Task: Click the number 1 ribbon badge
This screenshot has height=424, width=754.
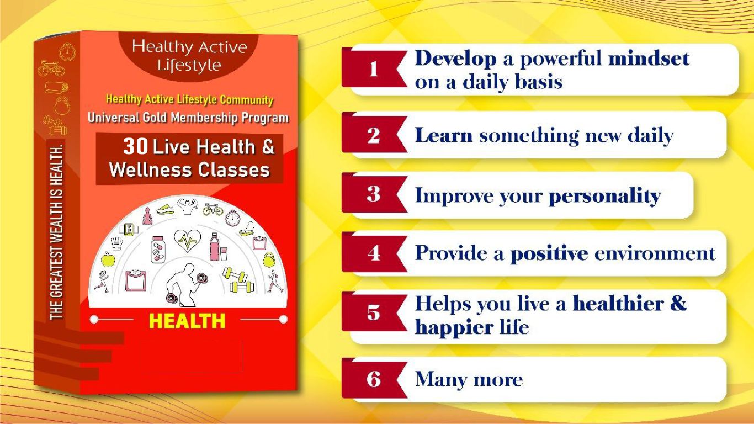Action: point(374,69)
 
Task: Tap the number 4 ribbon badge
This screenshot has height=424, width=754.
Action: point(374,253)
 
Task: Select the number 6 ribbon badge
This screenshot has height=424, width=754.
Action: point(374,379)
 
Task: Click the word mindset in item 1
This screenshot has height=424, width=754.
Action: point(649,59)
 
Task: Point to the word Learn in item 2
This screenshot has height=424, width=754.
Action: point(444,135)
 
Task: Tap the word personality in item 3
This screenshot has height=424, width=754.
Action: point(605,196)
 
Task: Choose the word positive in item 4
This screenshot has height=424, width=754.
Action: point(549,254)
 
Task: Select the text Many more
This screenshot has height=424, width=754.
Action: point(469,380)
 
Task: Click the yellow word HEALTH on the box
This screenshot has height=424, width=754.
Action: point(187,321)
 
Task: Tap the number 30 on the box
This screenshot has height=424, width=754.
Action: point(135,146)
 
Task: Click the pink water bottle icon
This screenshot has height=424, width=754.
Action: point(214,247)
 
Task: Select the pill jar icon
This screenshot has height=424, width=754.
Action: point(157,249)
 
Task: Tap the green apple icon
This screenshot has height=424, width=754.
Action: point(108,259)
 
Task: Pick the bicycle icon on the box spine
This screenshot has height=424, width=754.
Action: point(51,68)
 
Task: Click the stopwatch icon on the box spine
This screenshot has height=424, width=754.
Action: point(67,52)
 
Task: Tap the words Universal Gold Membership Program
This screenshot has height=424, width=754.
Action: point(188,118)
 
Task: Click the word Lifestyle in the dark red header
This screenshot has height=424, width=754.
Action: point(189,65)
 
